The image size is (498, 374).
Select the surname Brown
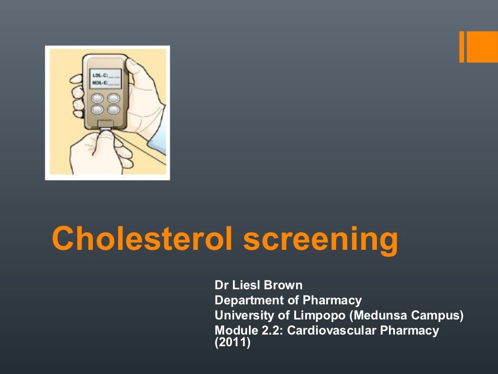click(284, 285)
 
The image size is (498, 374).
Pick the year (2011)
click(232, 343)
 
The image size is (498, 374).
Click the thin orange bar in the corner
click(462, 47)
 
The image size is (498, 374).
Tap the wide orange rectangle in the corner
click(482, 47)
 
